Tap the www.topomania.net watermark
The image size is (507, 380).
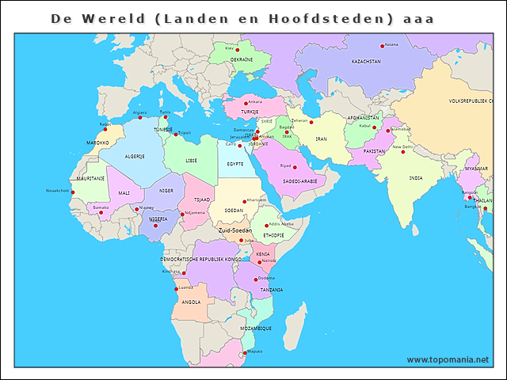pos(448,359)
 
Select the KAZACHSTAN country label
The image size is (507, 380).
pos(366,61)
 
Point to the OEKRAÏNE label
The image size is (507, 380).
pos(242,59)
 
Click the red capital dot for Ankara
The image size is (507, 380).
pos(246,102)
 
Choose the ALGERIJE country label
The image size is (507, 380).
pos(134,156)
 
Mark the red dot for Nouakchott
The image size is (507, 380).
pos(72,192)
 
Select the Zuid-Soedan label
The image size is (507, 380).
pos(235,230)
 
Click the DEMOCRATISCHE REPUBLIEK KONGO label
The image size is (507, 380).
pos(200,259)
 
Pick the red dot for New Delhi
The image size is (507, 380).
pos(402,152)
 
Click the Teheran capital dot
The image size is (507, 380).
pos(311,122)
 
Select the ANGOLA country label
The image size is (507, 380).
pos(191,302)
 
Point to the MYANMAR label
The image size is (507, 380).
pos(477,169)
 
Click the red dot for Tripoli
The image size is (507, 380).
pos(176,134)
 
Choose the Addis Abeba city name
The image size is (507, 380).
pos(281,224)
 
